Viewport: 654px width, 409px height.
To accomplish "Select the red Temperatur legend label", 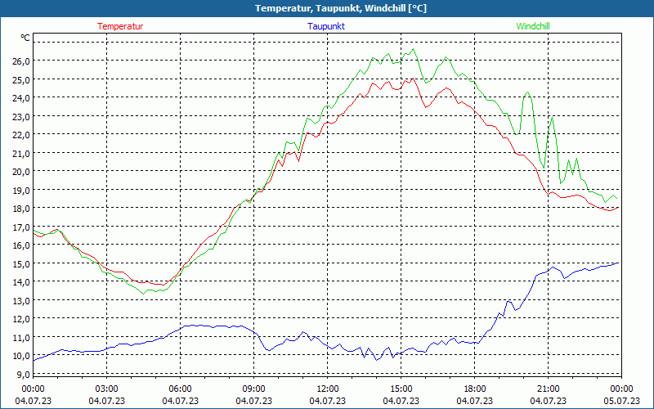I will pyautogui.click(x=120, y=26).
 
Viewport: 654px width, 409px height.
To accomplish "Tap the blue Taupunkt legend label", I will pyautogui.click(x=326, y=26).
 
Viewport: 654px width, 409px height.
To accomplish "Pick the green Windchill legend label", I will pyautogui.click(x=532, y=26).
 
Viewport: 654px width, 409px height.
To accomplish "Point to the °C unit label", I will pyautogui.click(x=25, y=38).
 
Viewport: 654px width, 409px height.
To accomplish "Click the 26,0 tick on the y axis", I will pyautogui.click(x=20, y=61).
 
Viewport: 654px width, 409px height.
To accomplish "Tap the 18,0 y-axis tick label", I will pyautogui.click(x=20, y=209).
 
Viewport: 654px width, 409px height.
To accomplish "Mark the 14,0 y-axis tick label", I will pyautogui.click(x=20, y=282).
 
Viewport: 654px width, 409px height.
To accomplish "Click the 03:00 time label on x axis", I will pyautogui.click(x=106, y=389).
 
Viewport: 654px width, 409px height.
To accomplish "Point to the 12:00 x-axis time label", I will pyautogui.click(x=327, y=389).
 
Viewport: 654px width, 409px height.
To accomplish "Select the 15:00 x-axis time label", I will pyautogui.click(x=401, y=389).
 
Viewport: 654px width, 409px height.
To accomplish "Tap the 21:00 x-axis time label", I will pyautogui.click(x=548, y=389).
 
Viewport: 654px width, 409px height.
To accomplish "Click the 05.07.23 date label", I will pyautogui.click(x=621, y=401).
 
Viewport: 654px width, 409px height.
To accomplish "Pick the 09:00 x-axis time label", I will pyautogui.click(x=253, y=389).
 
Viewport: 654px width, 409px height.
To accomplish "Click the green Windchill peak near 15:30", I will pyautogui.click(x=414, y=49).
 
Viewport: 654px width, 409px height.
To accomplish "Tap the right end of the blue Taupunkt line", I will pyautogui.click(x=619, y=263).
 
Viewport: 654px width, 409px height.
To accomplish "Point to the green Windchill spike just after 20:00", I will pyautogui.click(x=527, y=92).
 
